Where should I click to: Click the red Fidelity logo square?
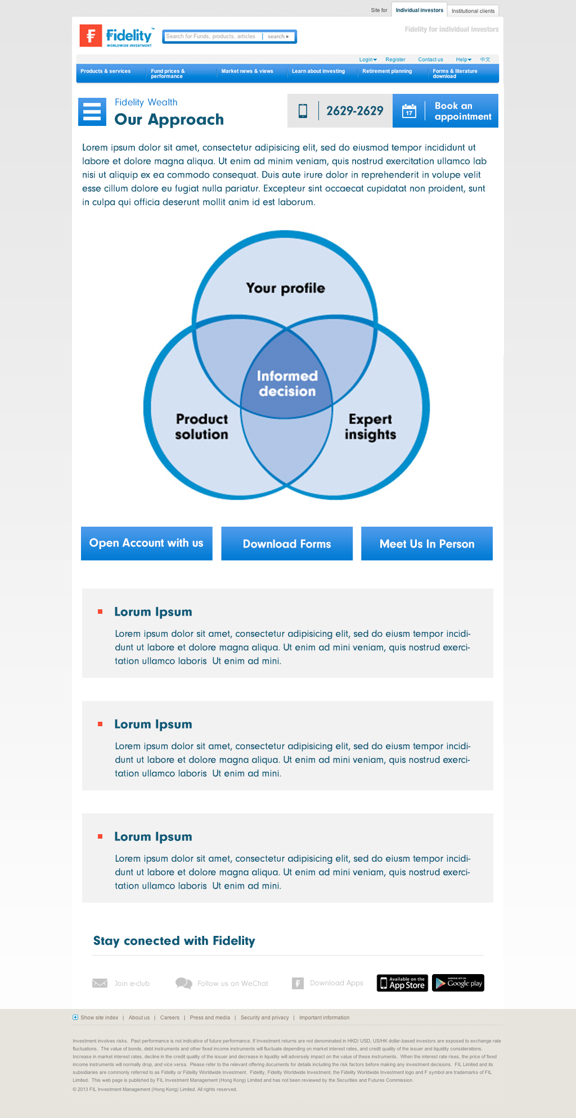(x=91, y=35)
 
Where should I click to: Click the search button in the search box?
(x=278, y=37)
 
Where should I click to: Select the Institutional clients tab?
(x=472, y=11)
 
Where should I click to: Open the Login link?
(x=367, y=60)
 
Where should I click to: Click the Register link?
(x=395, y=60)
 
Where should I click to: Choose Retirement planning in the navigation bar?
(x=387, y=71)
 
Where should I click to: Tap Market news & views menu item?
(x=247, y=71)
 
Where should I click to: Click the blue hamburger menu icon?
(x=92, y=112)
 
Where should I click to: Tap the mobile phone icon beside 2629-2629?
(x=303, y=111)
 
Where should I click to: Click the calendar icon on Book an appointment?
(x=409, y=111)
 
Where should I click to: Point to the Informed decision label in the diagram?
(x=287, y=383)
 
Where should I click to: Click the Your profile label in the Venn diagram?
(x=285, y=288)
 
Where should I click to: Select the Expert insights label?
(x=370, y=427)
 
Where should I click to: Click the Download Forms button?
(x=287, y=544)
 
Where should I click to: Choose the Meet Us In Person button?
(x=427, y=544)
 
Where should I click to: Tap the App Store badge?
(x=402, y=983)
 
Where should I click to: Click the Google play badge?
(x=458, y=983)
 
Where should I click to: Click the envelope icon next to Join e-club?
(x=100, y=983)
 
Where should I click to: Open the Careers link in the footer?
(x=169, y=1017)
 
